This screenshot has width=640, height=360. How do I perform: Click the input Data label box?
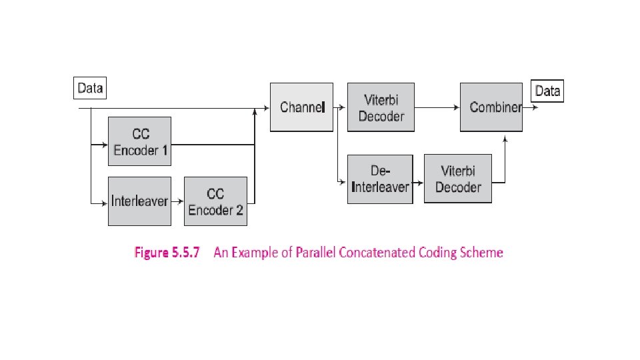pos(90,88)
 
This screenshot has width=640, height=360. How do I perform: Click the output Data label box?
pos(547,91)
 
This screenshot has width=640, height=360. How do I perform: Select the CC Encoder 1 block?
pos(140,142)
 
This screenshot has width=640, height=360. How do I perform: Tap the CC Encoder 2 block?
pos(215,201)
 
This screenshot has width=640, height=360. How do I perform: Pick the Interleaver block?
pos(139,201)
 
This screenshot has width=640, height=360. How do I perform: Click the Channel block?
pos(301,107)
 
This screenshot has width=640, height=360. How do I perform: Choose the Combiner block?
pos(491,107)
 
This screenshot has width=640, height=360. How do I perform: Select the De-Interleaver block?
pos(379,179)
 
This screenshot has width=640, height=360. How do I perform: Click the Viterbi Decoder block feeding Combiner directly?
pos(381,107)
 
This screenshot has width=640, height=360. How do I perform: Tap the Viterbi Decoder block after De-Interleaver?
pos(457,179)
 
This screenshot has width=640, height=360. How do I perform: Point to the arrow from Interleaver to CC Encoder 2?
pos(177,201)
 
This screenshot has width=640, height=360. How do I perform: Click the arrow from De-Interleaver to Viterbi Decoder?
pos(417,181)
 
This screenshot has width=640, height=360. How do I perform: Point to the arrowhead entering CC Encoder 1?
pos(104,143)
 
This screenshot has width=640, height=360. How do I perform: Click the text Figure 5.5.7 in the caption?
pos(167,253)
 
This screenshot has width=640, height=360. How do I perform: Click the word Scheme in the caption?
pos(482,253)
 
